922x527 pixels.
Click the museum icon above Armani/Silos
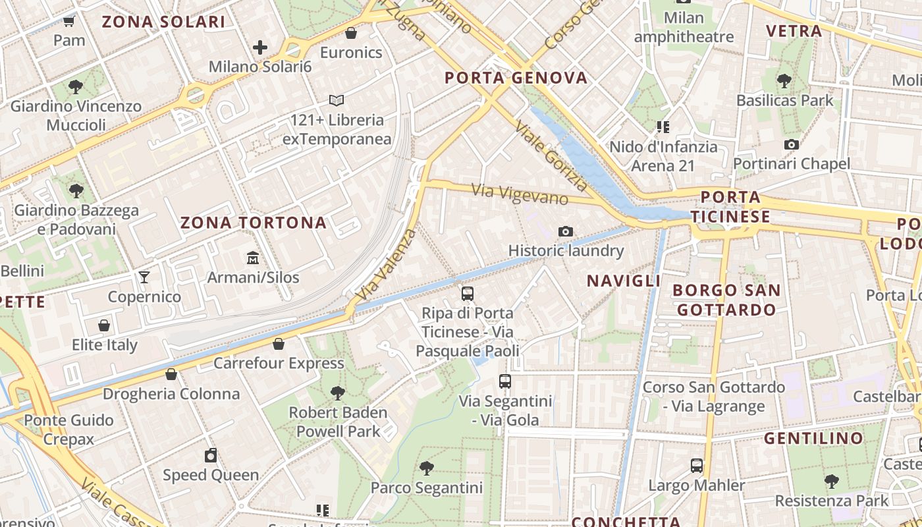coord(253,258)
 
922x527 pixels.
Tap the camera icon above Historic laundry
coord(565,231)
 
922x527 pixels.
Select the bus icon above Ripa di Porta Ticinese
coord(468,294)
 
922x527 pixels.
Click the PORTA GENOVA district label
coord(516,78)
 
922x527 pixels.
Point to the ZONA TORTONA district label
coord(254,223)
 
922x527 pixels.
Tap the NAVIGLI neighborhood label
coord(623,281)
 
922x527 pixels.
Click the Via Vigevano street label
coord(520,194)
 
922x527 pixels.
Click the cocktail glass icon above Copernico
coord(144,277)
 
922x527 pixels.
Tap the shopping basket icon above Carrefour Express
coord(279,344)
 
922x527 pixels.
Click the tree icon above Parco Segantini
coord(427,468)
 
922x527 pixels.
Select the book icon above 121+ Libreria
coord(337,101)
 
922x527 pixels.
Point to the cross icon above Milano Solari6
coord(260,47)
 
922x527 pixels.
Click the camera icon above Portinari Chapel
coord(792,144)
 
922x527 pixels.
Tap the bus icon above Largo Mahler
coord(697,466)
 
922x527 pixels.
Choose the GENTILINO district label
coord(814,438)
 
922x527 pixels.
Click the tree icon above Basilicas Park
coord(784,81)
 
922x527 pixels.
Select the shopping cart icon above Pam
coord(69,20)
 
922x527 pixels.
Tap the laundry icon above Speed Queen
coord(211,455)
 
